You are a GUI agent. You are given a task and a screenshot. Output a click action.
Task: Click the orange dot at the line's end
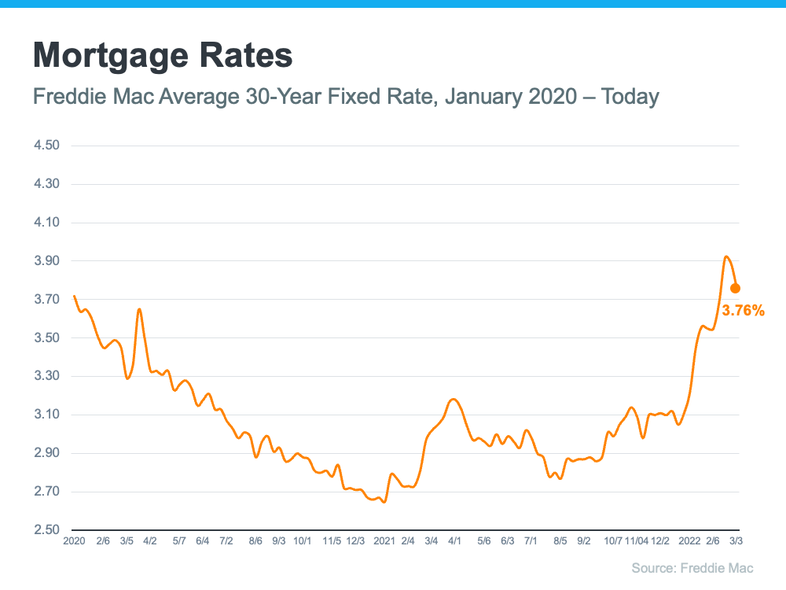coord(735,288)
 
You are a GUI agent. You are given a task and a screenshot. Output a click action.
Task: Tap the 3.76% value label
coord(743,311)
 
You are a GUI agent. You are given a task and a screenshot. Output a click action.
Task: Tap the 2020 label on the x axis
coord(73,542)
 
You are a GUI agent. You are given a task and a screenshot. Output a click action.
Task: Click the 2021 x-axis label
coord(384,542)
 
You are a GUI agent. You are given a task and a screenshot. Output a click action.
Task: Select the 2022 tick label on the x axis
coord(689,542)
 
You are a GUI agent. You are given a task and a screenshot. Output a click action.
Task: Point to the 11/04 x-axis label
coord(637,542)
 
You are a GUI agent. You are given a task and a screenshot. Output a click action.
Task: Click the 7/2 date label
coord(226,542)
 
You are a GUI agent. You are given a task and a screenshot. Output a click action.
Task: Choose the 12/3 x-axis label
coord(355,542)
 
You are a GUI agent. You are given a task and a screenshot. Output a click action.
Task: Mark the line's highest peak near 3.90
coord(726,256)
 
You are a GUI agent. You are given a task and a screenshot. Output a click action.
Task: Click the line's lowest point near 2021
coord(384,502)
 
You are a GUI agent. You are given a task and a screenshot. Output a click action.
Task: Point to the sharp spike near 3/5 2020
coord(139,309)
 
